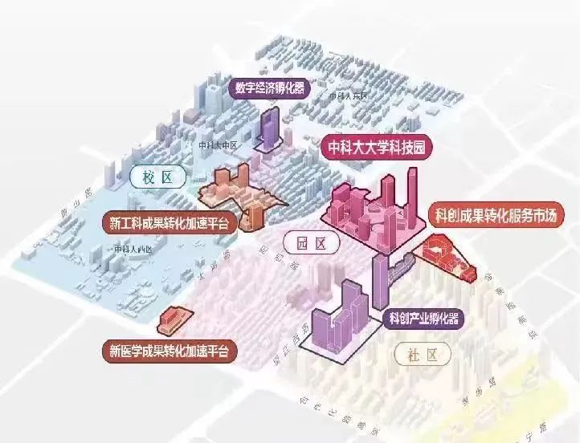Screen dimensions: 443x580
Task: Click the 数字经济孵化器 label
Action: coord(270,87)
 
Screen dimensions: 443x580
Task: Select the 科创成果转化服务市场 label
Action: coord(496,214)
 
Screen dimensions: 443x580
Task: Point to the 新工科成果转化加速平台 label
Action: coord(169,222)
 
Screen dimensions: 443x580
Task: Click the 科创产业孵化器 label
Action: coord(423,319)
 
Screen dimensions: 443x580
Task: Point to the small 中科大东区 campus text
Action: coord(347,96)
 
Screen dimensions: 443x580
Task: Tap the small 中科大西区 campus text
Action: coord(133,250)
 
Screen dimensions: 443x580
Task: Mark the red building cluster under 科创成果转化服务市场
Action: coord(445,258)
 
